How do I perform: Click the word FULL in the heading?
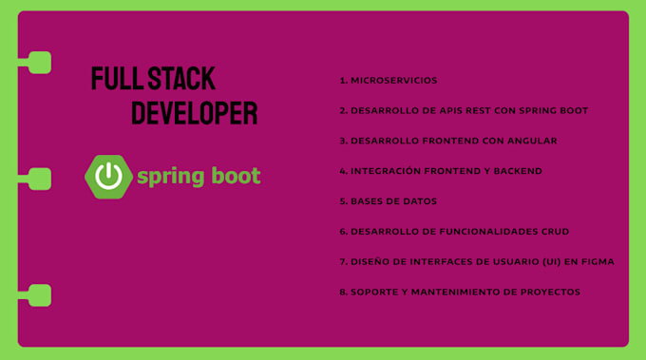point(111,78)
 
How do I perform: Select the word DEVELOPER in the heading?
point(194,113)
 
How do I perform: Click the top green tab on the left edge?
point(38,63)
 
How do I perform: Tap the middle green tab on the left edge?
point(38,179)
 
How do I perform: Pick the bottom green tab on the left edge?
point(38,294)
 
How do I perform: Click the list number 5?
point(342,201)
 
